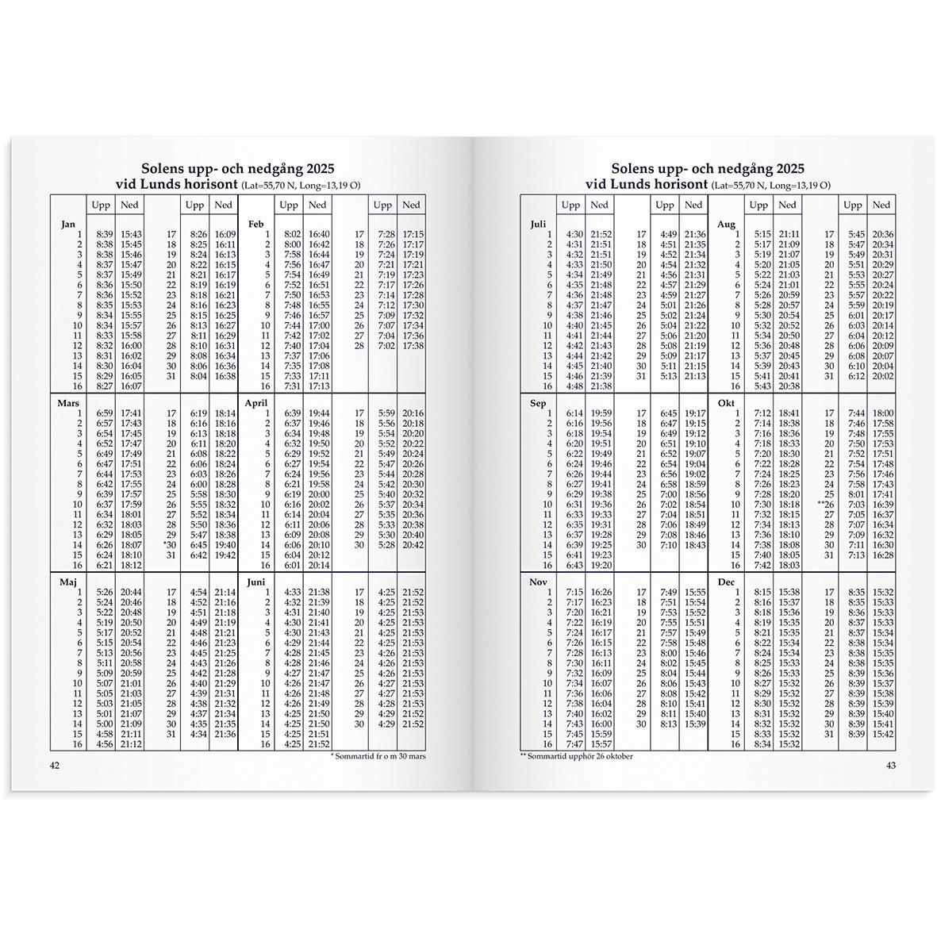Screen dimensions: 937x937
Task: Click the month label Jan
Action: click(68, 225)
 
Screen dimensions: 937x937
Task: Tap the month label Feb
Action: click(255, 225)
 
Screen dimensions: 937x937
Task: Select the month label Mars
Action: click(69, 403)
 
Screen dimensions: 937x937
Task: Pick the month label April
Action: click(257, 403)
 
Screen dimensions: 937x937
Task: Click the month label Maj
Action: click(68, 582)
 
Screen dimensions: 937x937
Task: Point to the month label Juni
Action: click(256, 582)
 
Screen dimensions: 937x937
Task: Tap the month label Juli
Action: click(538, 225)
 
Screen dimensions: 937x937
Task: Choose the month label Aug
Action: click(727, 225)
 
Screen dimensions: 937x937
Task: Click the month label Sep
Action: click(538, 403)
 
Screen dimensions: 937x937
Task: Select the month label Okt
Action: click(727, 403)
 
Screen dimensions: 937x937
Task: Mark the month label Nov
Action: click(539, 582)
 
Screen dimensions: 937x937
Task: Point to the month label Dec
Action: click(727, 582)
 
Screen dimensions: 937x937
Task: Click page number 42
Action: click(55, 766)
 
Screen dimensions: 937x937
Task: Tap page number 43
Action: click(890, 766)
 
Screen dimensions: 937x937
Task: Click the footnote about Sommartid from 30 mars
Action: click(377, 756)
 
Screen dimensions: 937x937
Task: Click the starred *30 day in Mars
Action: click(168, 544)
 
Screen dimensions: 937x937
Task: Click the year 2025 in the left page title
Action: click(313, 169)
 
